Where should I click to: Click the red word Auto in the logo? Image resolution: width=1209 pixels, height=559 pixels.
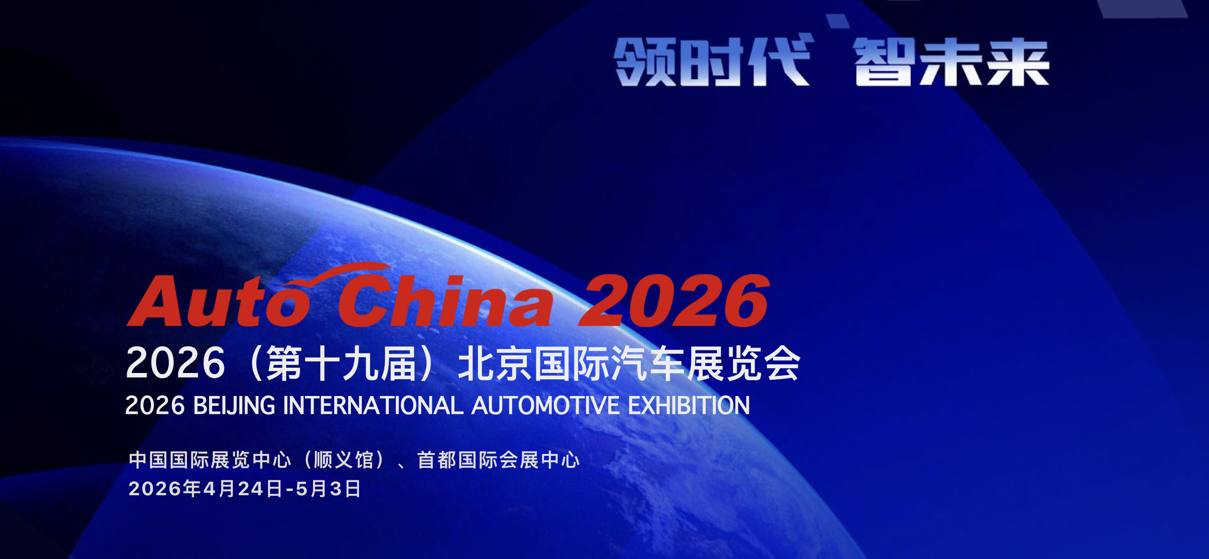click(x=218, y=301)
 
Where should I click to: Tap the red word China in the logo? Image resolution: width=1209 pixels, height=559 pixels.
click(x=446, y=301)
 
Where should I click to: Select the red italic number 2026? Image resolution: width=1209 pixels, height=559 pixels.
click(x=674, y=301)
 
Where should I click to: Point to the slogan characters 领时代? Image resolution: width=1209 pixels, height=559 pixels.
click(x=713, y=61)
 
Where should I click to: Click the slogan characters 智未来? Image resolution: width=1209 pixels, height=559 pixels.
click(x=951, y=62)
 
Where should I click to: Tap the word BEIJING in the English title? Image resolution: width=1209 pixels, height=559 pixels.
click(x=234, y=406)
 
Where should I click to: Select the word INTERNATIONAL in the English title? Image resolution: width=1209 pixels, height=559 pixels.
click(x=373, y=406)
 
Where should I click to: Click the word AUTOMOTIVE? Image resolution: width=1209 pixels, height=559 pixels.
click(x=546, y=406)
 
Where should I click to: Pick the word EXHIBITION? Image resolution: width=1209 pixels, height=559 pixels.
click(x=689, y=406)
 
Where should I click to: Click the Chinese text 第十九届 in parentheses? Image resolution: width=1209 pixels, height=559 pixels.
click(x=341, y=363)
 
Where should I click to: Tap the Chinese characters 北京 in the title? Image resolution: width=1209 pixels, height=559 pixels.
click(x=496, y=363)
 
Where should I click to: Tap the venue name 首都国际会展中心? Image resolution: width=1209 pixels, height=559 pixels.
click(x=499, y=460)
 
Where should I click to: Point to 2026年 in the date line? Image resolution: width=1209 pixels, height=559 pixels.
click(x=164, y=489)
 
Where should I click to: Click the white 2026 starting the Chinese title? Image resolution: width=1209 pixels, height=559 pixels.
click(x=175, y=363)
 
